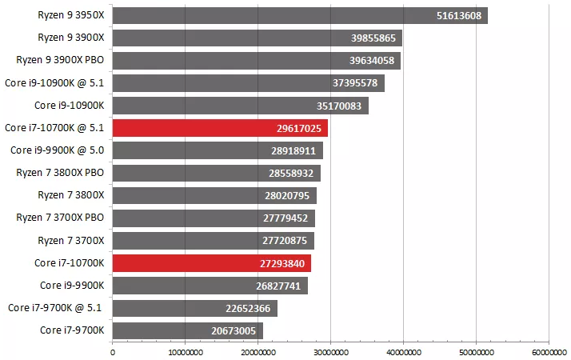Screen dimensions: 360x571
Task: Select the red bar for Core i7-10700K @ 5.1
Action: point(220,128)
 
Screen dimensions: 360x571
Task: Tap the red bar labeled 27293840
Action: point(211,263)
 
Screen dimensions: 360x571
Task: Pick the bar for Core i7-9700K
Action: point(187,330)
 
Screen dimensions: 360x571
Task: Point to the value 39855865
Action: point(373,38)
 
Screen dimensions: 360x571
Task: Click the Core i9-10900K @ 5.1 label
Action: point(56,82)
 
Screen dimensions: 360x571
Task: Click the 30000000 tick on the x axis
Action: point(330,350)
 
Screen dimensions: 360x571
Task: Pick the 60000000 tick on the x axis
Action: point(548,350)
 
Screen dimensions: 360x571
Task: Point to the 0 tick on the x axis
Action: point(113,350)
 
